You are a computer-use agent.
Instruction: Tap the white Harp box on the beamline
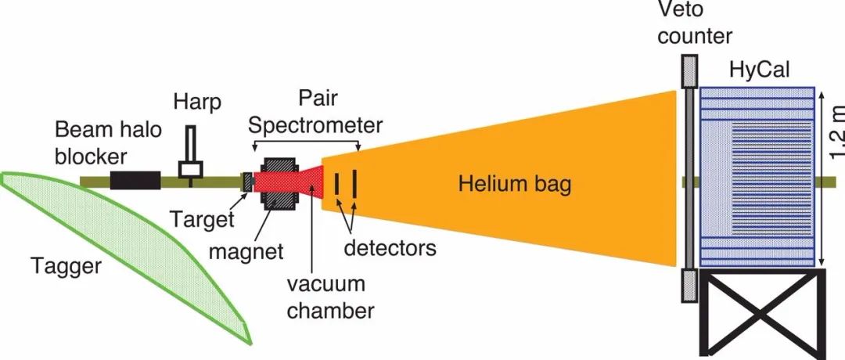click(191, 168)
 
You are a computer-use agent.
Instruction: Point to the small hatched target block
click(248, 181)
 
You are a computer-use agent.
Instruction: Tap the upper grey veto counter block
click(688, 71)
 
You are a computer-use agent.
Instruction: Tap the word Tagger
click(67, 267)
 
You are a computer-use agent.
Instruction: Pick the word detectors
click(390, 249)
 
